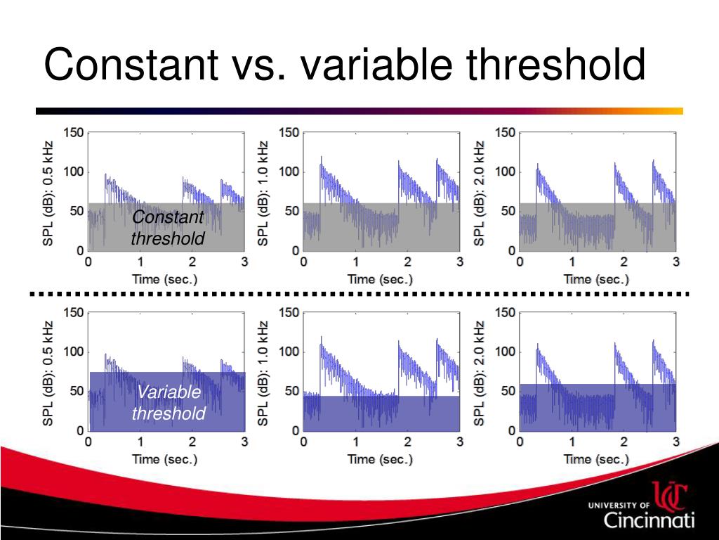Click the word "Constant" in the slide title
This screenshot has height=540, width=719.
(x=131, y=65)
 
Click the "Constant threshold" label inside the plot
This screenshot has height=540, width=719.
(x=168, y=228)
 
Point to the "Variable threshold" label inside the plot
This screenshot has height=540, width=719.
(x=169, y=402)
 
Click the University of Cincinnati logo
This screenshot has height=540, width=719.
(x=642, y=506)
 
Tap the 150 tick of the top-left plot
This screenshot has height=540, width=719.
(x=74, y=132)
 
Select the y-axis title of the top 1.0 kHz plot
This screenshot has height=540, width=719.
(x=263, y=193)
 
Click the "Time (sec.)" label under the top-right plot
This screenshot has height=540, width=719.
(x=596, y=279)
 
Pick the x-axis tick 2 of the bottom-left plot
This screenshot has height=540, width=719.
(x=192, y=442)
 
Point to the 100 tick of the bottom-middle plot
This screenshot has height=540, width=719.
(x=290, y=352)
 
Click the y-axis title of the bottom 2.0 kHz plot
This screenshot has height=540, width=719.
(x=480, y=373)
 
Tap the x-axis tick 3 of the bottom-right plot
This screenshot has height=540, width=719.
(x=675, y=442)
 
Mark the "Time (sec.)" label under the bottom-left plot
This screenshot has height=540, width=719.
(x=165, y=459)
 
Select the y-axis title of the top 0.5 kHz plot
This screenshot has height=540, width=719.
(x=48, y=193)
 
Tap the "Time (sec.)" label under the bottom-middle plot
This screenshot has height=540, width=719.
(x=380, y=459)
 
